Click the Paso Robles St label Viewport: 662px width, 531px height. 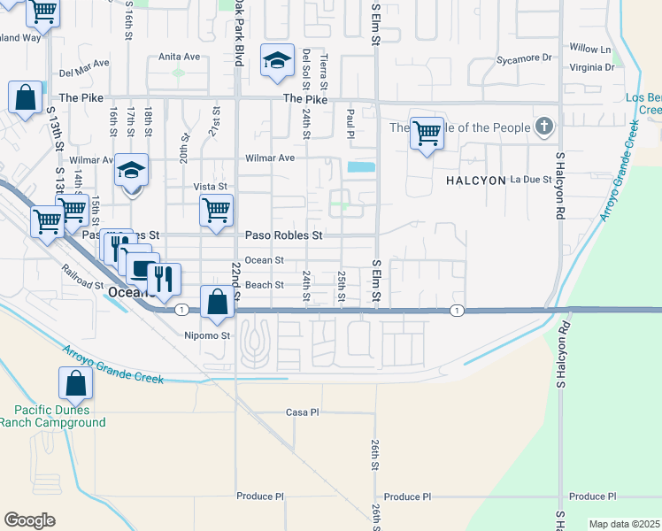point(283,236)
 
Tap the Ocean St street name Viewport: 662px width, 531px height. point(264,260)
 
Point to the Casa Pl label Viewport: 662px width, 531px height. point(302,412)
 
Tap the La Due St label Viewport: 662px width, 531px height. point(532,180)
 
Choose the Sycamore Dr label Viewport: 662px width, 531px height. point(524,58)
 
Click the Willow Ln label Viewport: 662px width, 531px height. point(590,49)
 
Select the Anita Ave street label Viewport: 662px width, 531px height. point(179,57)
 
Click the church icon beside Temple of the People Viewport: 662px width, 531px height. point(544,127)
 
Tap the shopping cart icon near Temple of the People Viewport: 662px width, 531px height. point(427,133)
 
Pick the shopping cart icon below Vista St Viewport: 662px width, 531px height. point(216,211)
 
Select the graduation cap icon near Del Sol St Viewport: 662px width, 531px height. point(277,61)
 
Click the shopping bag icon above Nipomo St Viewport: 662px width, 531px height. point(217,302)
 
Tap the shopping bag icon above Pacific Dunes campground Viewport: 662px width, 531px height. point(75,383)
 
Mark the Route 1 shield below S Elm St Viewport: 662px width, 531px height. point(457,310)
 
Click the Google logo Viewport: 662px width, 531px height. point(29,520)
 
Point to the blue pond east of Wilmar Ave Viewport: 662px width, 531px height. point(361,166)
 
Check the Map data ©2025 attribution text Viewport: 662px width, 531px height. point(624,524)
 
